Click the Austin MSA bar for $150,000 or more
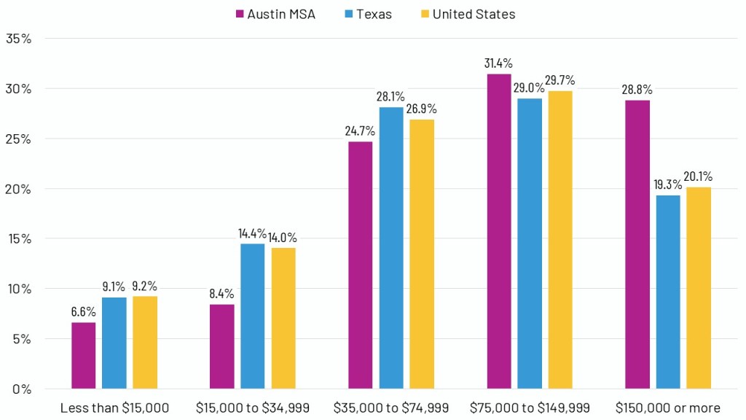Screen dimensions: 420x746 pyautogui.click(x=637, y=244)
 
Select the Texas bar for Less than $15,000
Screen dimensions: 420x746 pyautogui.click(x=114, y=343)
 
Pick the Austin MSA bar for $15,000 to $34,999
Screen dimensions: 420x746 pyautogui.click(x=222, y=346)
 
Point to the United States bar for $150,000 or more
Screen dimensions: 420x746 pyautogui.click(x=699, y=288)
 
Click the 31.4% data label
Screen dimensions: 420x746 pyautogui.click(x=499, y=63)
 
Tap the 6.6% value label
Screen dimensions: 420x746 pyautogui.click(x=83, y=311)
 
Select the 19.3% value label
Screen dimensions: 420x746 pyautogui.click(x=668, y=184)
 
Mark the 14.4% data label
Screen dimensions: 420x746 pyautogui.click(x=253, y=233)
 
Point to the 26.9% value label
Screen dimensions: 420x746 pyautogui.click(x=422, y=109)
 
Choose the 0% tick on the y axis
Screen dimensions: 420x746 pyautogui.click(x=21, y=389)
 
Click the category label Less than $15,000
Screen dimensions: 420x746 pyautogui.click(x=114, y=408)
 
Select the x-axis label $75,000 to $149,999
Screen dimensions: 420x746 pyautogui.click(x=530, y=408)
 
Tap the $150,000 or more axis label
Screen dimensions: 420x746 pyautogui.click(x=667, y=408)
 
